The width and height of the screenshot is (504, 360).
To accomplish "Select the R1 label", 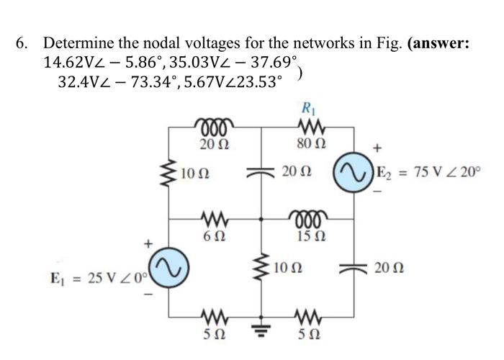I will coord(308,111).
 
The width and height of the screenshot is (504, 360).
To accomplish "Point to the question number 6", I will coord(23,42).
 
